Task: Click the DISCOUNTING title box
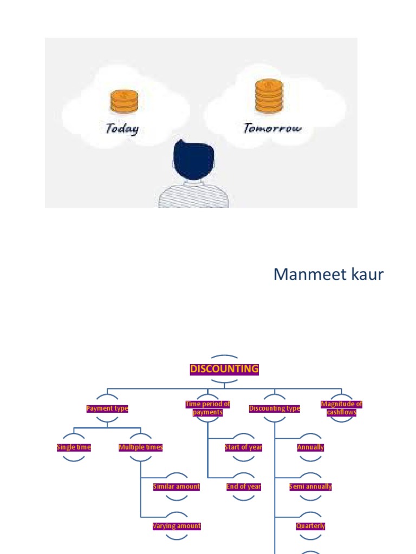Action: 224,369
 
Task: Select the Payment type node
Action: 107,408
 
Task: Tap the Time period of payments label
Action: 207,408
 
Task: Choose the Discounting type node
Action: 274,408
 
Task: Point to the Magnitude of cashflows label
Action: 341,408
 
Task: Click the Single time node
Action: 74,447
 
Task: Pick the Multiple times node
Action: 141,447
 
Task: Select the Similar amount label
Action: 177,486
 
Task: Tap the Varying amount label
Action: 177,526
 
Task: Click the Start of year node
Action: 244,447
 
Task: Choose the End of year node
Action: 244,486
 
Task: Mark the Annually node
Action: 310,447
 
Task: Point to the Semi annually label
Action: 310,486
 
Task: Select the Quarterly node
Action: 310,526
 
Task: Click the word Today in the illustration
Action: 122,128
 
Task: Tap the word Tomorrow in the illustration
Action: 272,128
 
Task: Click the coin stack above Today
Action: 124,102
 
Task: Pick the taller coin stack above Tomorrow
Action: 269,96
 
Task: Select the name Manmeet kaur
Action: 328,274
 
